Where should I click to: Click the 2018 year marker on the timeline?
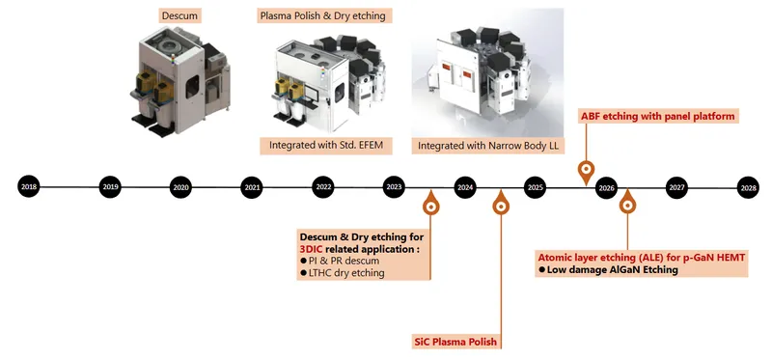tap(29, 187)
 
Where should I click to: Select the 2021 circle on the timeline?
tap(252, 187)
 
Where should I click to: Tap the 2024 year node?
tap(465, 187)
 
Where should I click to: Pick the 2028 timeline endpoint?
tap(748, 187)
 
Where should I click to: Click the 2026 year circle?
tap(606, 187)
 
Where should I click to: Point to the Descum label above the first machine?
tap(179, 15)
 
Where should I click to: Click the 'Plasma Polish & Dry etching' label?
tap(325, 15)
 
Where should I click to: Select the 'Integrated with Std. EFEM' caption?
tap(325, 146)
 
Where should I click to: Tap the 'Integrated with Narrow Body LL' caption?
tap(488, 146)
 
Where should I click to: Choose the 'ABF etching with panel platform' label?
tap(658, 117)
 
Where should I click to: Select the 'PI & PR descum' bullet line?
tap(337, 261)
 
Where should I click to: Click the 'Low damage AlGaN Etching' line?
tap(609, 269)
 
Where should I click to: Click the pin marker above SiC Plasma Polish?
tap(501, 203)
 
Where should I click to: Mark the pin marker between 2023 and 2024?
tap(430, 203)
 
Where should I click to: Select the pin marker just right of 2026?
tap(627, 202)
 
